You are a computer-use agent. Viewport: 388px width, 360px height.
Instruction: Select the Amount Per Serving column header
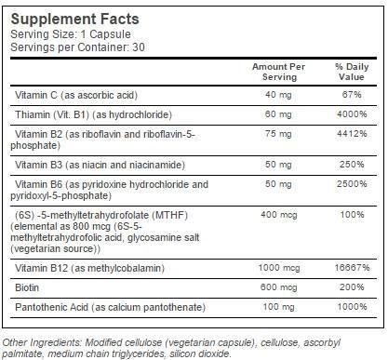(x=278, y=73)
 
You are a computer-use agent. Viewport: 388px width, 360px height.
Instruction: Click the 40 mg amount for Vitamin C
(x=278, y=95)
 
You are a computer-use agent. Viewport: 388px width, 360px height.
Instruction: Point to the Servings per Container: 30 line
(x=70, y=47)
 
